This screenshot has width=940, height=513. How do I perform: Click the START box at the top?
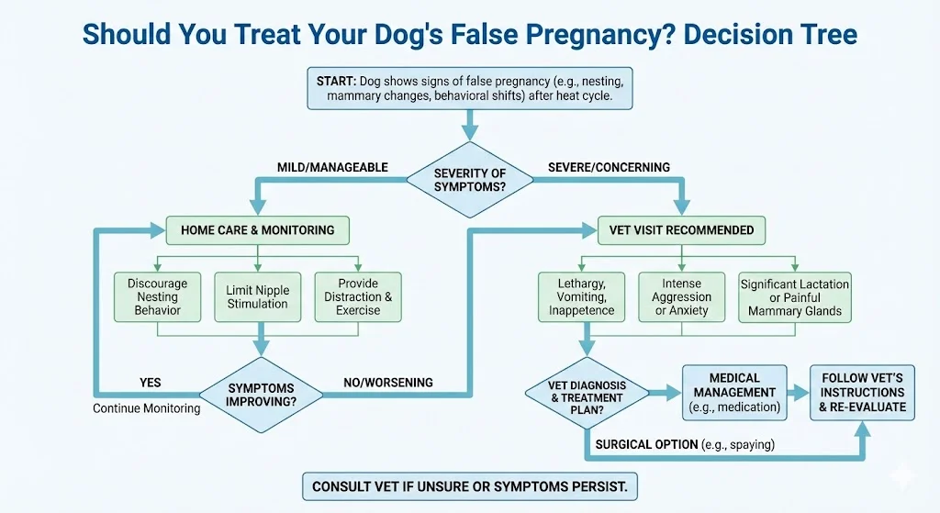pyautogui.click(x=469, y=88)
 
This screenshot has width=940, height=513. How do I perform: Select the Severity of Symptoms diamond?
pyautogui.click(x=469, y=180)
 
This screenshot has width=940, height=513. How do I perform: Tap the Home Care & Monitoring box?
pyautogui.click(x=257, y=230)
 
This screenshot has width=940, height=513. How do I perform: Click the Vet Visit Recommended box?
pyautogui.click(x=681, y=230)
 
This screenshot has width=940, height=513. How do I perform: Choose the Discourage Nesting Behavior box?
pyautogui.click(x=157, y=296)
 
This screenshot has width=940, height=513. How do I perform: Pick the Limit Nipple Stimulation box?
pyautogui.click(x=257, y=296)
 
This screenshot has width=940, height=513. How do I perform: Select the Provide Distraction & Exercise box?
pyautogui.click(x=358, y=296)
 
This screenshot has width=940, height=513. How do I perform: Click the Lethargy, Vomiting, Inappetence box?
pyautogui.click(x=581, y=296)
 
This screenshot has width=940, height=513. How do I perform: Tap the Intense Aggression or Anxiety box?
pyautogui.click(x=681, y=296)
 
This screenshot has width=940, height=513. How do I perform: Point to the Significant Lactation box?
pyautogui.click(x=794, y=297)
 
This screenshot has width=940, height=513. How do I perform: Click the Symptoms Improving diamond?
pyautogui.click(x=261, y=395)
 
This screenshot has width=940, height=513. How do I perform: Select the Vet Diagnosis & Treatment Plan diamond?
pyautogui.click(x=587, y=394)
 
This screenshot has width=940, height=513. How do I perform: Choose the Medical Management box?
pyautogui.click(x=734, y=393)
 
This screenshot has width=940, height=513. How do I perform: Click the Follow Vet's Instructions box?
pyautogui.click(x=862, y=393)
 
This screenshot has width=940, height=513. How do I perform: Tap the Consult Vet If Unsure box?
pyautogui.click(x=469, y=486)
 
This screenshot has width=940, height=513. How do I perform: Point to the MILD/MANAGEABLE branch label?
pyautogui.click(x=332, y=168)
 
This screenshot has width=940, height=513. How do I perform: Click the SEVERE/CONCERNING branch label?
pyautogui.click(x=609, y=168)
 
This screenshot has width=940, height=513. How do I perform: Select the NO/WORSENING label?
pyautogui.click(x=388, y=383)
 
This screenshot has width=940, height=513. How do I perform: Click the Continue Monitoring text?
pyautogui.click(x=146, y=408)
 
